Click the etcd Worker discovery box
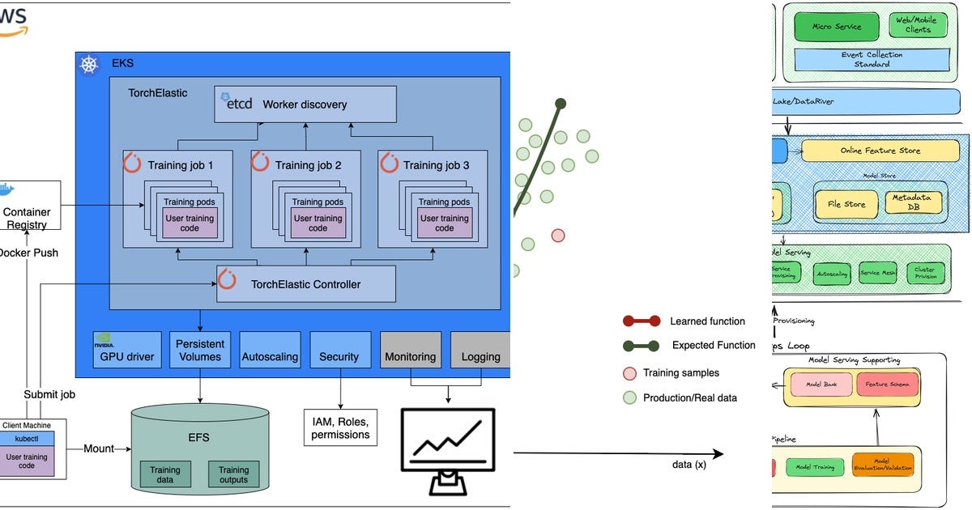click(x=305, y=104)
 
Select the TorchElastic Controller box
click(x=305, y=283)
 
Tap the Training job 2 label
click(x=308, y=165)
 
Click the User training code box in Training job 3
click(x=444, y=223)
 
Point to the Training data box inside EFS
click(x=165, y=474)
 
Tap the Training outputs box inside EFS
click(x=233, y=474)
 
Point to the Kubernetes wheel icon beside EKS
click(x=89, y=66)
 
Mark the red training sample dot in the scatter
click(x=557, y=236)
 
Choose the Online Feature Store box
click(x=880, y=151)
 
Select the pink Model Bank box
click(x=818, y=384)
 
